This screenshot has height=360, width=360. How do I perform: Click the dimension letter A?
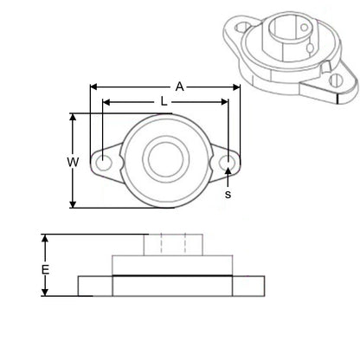(178, 87)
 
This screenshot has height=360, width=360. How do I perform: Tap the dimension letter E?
(45, 270)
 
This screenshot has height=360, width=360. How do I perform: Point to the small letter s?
(228, 195)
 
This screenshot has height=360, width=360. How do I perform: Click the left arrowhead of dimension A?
(93, 87)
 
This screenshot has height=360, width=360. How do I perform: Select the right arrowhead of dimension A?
(235, 87)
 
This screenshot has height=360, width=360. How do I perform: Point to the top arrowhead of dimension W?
(73, 117)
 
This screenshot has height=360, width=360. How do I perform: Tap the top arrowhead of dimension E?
(45, 237)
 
